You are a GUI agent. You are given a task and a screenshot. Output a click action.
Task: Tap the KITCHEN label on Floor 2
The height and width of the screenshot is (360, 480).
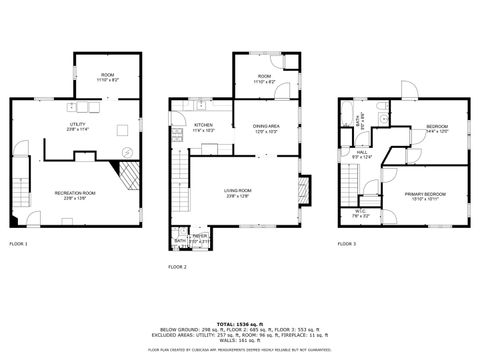point(203,127)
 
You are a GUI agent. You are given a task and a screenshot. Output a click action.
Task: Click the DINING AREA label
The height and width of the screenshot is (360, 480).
point(265,127)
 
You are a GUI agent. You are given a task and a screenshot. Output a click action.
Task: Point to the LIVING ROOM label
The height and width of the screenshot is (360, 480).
point(237,192)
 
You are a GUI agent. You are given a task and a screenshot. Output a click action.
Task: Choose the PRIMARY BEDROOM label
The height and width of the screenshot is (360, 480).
point(420,196)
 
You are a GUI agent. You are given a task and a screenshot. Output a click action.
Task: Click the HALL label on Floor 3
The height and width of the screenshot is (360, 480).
point(361,154)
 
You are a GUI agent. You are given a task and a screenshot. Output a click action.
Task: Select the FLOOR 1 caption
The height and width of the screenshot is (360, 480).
point(19,244)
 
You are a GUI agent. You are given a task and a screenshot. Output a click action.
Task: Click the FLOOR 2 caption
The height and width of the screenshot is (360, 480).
point(178,267)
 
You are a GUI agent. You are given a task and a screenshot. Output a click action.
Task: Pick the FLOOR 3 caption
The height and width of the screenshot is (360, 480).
point(346,244)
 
